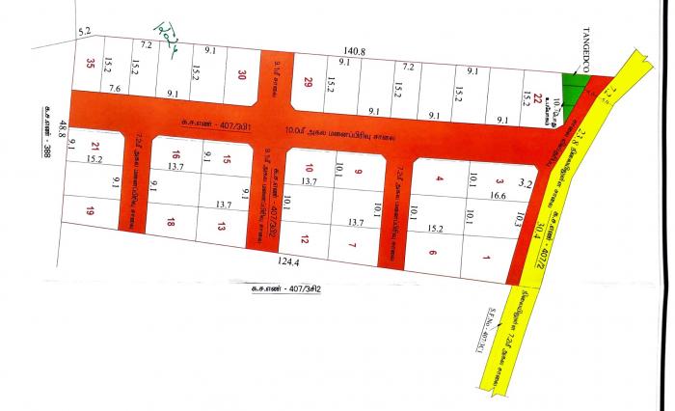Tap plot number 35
tap(91, 65)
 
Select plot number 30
tap(242, 76)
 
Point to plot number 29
tap(310, 82)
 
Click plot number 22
tap(526, 88)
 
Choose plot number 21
tap(94, 148)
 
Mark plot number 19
tap(90, 210)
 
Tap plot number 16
tap(175, 154)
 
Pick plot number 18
tap(171, 222)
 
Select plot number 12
tap(305, 238)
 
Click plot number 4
tap(439, 178)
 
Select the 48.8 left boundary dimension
tap(62, 127)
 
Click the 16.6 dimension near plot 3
tap(498, 196)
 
